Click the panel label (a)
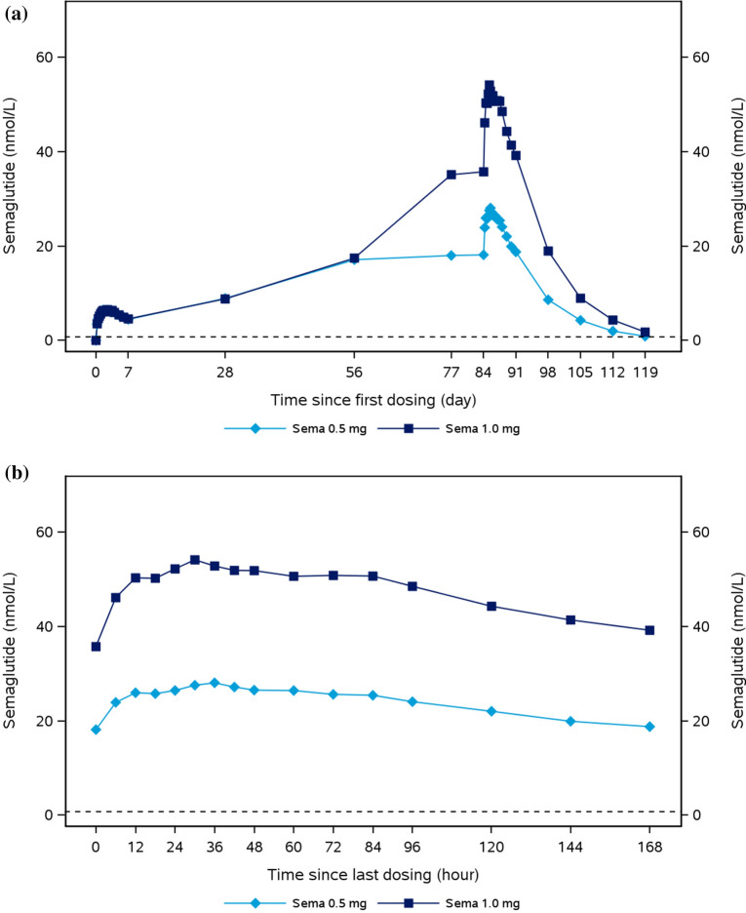click(17, 14)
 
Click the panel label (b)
click(17, 472)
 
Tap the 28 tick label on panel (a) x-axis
click(225, 372)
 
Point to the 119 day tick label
click(645, 372)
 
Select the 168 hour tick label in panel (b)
click(650, 847)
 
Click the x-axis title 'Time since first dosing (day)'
click(373, 401)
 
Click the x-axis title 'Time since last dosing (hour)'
click(373, 875)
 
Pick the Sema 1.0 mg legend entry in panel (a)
click(449, 428)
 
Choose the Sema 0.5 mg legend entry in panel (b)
click(295, 903)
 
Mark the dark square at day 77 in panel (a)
click(451, 175)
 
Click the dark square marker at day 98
click(548, 251)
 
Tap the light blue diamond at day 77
click(451, 256)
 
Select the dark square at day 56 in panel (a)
click(354, 258)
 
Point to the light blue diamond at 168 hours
click(650, 727)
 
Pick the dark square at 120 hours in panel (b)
click(491, 606)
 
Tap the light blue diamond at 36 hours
click(215, 683)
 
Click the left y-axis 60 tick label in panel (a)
click(44, 58)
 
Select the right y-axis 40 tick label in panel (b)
click(700, 627)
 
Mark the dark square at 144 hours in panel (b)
click(570, 620)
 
